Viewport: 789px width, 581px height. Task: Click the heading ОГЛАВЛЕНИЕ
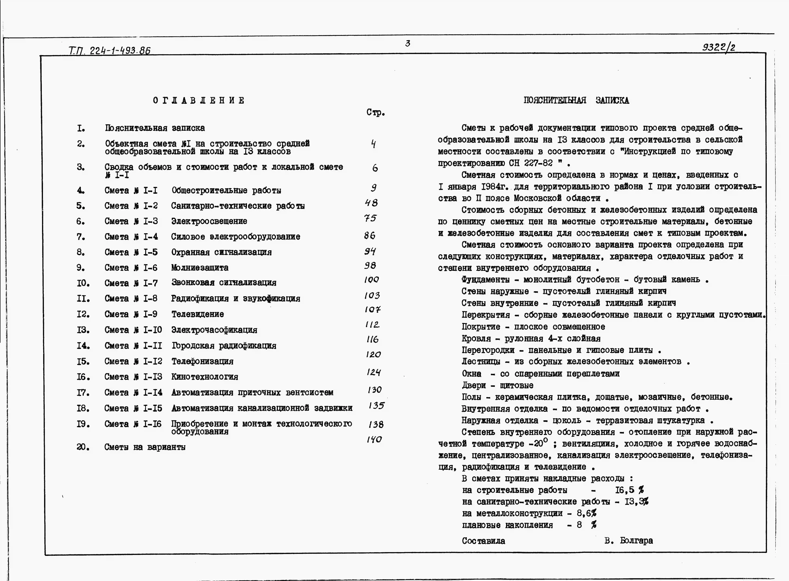[x=199, y=101]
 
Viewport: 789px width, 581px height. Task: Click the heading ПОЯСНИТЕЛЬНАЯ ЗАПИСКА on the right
[x=576, y=101]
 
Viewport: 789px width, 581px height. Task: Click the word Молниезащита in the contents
[x=200, y=268]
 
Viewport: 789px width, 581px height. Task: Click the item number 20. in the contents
[x=83, y=447]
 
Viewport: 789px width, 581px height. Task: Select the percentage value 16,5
[x=625, y=490]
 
